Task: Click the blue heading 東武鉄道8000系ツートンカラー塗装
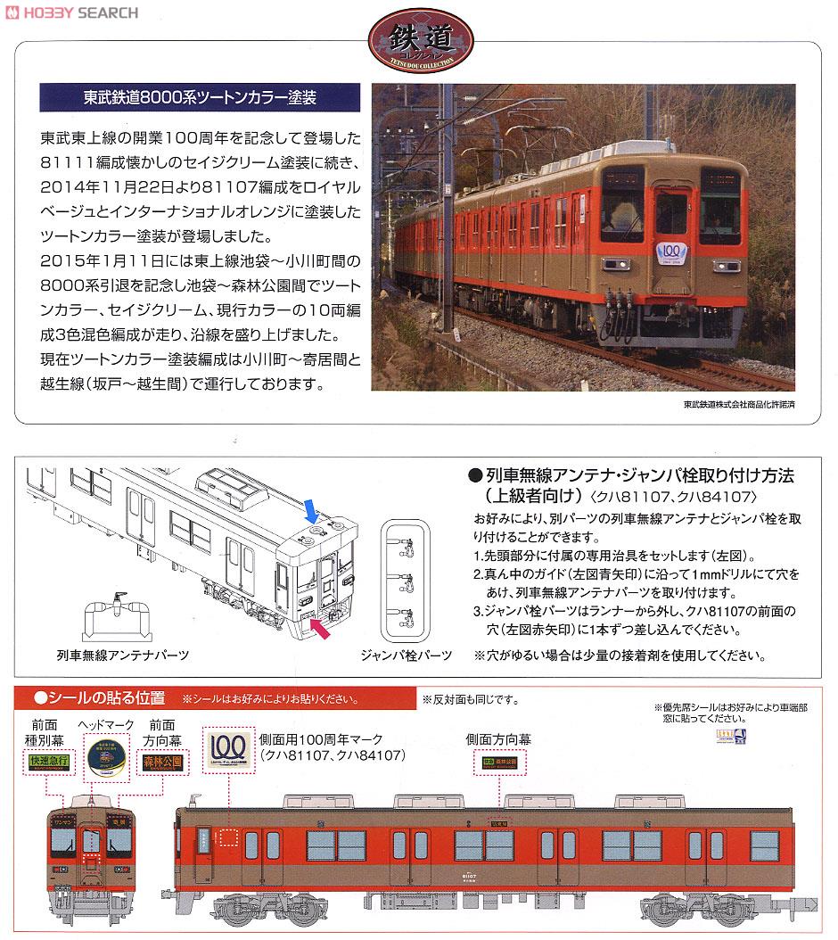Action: [x=189, y=95]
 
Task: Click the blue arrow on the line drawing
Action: [x=311, y=510]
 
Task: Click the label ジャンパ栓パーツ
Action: [x=406, y=656]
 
